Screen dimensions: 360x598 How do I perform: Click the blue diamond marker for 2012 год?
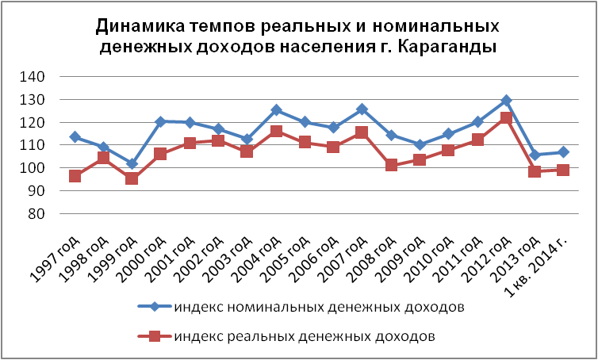pyautogui.click(x=506, y=101)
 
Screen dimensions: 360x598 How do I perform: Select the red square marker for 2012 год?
pyautogui.click(x=506, y=117)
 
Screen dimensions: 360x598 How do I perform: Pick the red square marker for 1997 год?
pyautogui.click(x=75, y=176)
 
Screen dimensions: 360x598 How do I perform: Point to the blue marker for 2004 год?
pyautogui.click(x=276, y=110)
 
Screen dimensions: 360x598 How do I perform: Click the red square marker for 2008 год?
pyautogui.click(x=391, y=165)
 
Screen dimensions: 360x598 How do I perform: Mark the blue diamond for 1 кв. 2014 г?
pyautogui.click(x=563, y=151)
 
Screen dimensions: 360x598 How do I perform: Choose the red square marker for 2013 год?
pyautogui.click(x=535, y=171)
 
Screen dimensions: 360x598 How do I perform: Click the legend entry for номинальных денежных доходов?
pyautogui.click(x=318, y=306)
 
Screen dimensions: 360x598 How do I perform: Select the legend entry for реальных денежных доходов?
pyautogui.click(x=305, y=335)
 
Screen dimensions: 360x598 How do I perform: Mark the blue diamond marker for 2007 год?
pyautogui.click(x=362, y=109)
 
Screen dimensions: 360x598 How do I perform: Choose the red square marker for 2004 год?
pyautogui.click(x=276, y=131)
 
